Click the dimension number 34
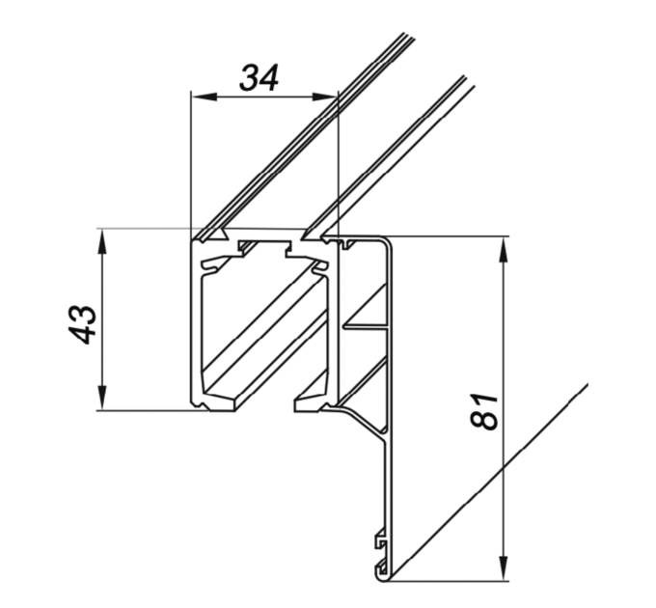tap(260, 78)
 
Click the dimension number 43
tap(82, 324)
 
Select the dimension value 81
tap(484, 411)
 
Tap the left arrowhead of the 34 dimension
tap(205, 97)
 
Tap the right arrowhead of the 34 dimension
tap(325, 97)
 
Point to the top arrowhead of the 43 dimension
tap(101, 242)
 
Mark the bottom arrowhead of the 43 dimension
tap(101, 398)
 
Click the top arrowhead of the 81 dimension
tap(504, 251)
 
